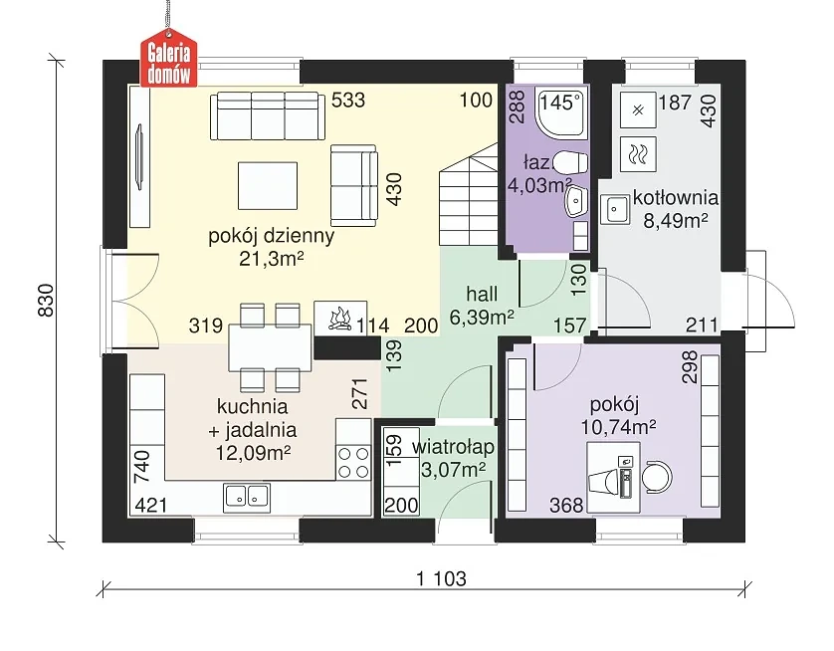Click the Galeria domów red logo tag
tap(168, 61)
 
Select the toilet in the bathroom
tap(570, 163)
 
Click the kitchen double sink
tap(247, 498)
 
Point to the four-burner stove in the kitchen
tap(353, 462)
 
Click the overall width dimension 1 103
tap(441, 578)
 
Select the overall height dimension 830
tap(46, 301)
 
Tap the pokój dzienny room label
tap(272, 236)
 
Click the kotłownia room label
tap(675, 198)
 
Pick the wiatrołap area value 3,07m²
tap(453, 470)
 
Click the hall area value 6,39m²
tap(482, 317)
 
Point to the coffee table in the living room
tap(268, 185)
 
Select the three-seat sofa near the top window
tap(268, 116)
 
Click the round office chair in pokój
tap(657, 476)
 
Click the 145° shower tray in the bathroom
tap(562, 113)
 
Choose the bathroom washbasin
tap(576, 200)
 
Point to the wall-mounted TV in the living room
tap(140, 156)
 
